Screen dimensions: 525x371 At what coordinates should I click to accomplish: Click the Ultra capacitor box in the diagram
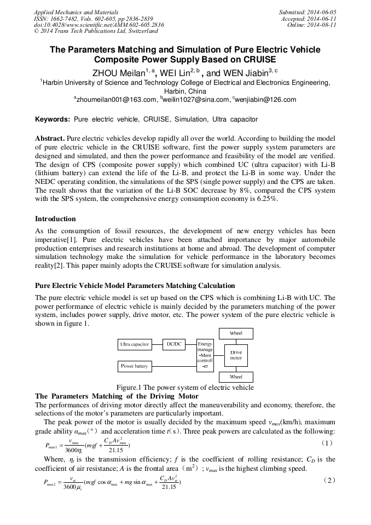coord(135,344)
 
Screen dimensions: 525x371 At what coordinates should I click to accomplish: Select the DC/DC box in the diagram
coord(175,344)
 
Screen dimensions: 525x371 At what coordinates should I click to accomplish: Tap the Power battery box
coord(135,366)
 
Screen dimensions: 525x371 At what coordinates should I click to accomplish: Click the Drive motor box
coord(236,355)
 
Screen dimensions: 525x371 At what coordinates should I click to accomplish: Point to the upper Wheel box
coord(236,333)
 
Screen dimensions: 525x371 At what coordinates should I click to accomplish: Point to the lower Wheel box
coord(236,377)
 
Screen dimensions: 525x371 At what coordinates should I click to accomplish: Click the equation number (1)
coord(327,442)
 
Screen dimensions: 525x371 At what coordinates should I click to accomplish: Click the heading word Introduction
coord(55,219)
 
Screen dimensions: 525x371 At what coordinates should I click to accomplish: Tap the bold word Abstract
coord(50,139)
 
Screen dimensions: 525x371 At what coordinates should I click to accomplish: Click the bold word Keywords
coord(52,119)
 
